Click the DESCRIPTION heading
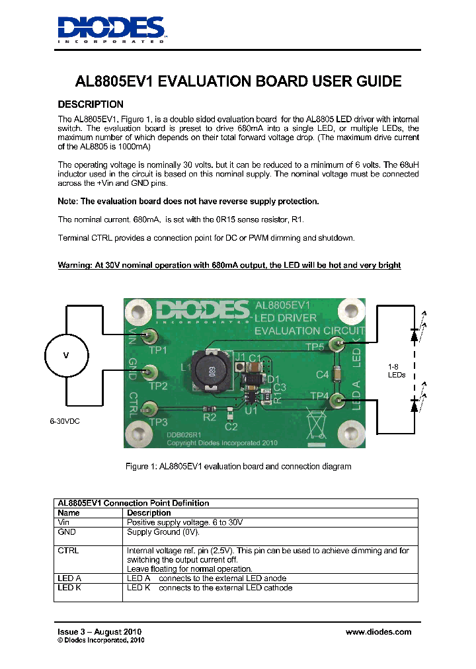click(91, 104)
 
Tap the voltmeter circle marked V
click(65, 355)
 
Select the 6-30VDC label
click(64, 421)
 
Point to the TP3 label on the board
click(159, 422)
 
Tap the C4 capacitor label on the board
click(322, 375)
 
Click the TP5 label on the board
click(315, 346)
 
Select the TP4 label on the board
click(319, 396)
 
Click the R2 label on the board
click(210, 417)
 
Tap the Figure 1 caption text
click(238, 466)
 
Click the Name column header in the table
click(69, 512)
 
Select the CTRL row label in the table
click(68, 550)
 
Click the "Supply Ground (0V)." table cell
click(163, 531)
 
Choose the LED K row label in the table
click(69, 587)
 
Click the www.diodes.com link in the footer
click(379, 632)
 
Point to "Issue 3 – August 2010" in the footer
click(99, 632)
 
